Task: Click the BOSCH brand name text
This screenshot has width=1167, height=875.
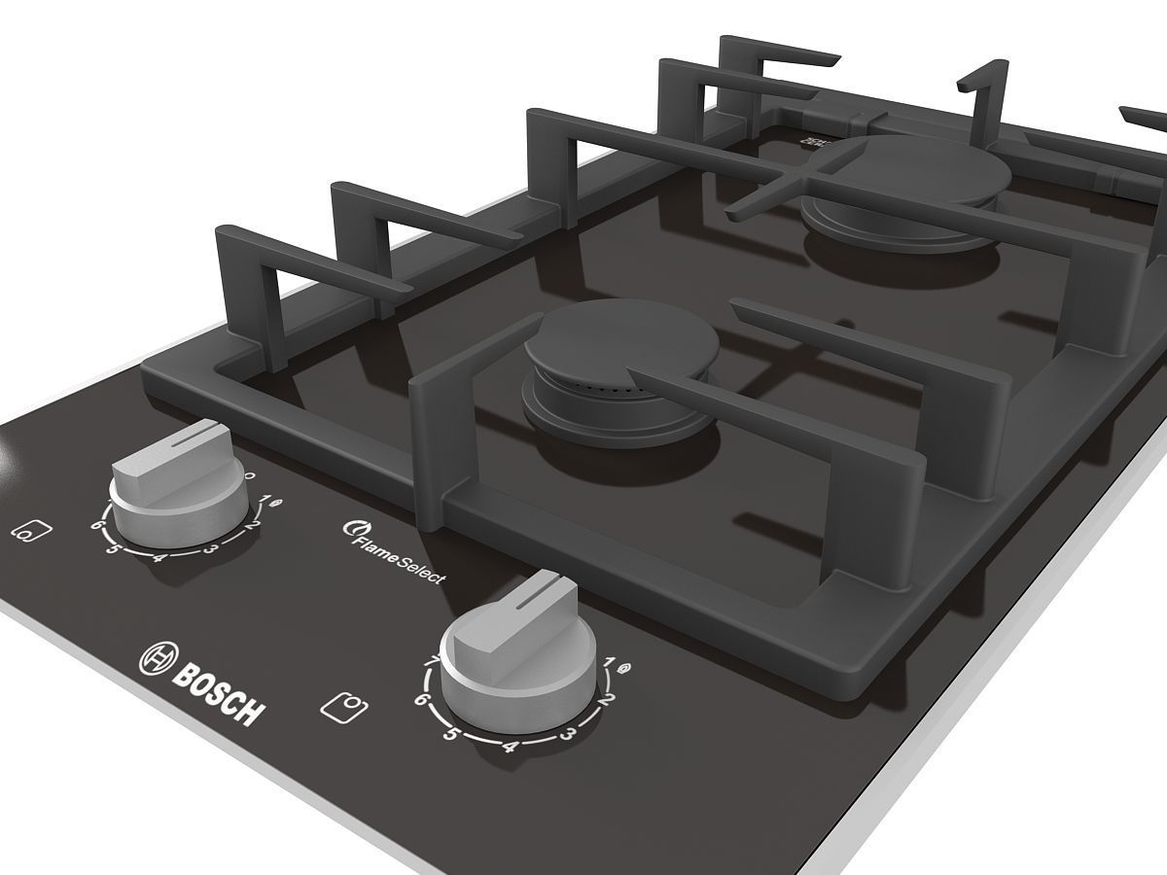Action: tap(219, 691)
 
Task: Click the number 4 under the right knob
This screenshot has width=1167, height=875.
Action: tap(508, 747)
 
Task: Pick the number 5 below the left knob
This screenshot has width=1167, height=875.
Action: tap(112, 549)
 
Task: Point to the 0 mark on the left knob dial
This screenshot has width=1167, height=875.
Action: tap(250, 476)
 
